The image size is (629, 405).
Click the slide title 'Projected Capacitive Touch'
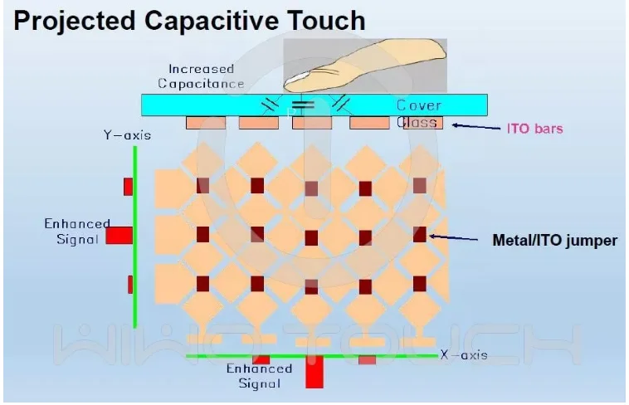[189, 20]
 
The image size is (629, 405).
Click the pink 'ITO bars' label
[534, 129]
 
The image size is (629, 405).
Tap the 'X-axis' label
[464, 355]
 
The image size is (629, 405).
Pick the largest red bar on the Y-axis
[119, 236]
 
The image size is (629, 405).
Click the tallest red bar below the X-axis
[314, 373]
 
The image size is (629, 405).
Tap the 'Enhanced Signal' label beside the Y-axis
[76, 231]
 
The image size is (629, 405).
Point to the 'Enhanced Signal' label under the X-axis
[259, 376]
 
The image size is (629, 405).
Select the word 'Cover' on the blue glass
[418, 105]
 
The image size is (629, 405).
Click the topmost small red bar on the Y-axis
[128, 186]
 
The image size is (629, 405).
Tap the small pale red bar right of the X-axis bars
[367, 360]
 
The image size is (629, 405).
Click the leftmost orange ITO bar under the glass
[205, 123]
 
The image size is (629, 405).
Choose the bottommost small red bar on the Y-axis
[130, 284]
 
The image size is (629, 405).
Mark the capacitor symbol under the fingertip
[305, 105]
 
